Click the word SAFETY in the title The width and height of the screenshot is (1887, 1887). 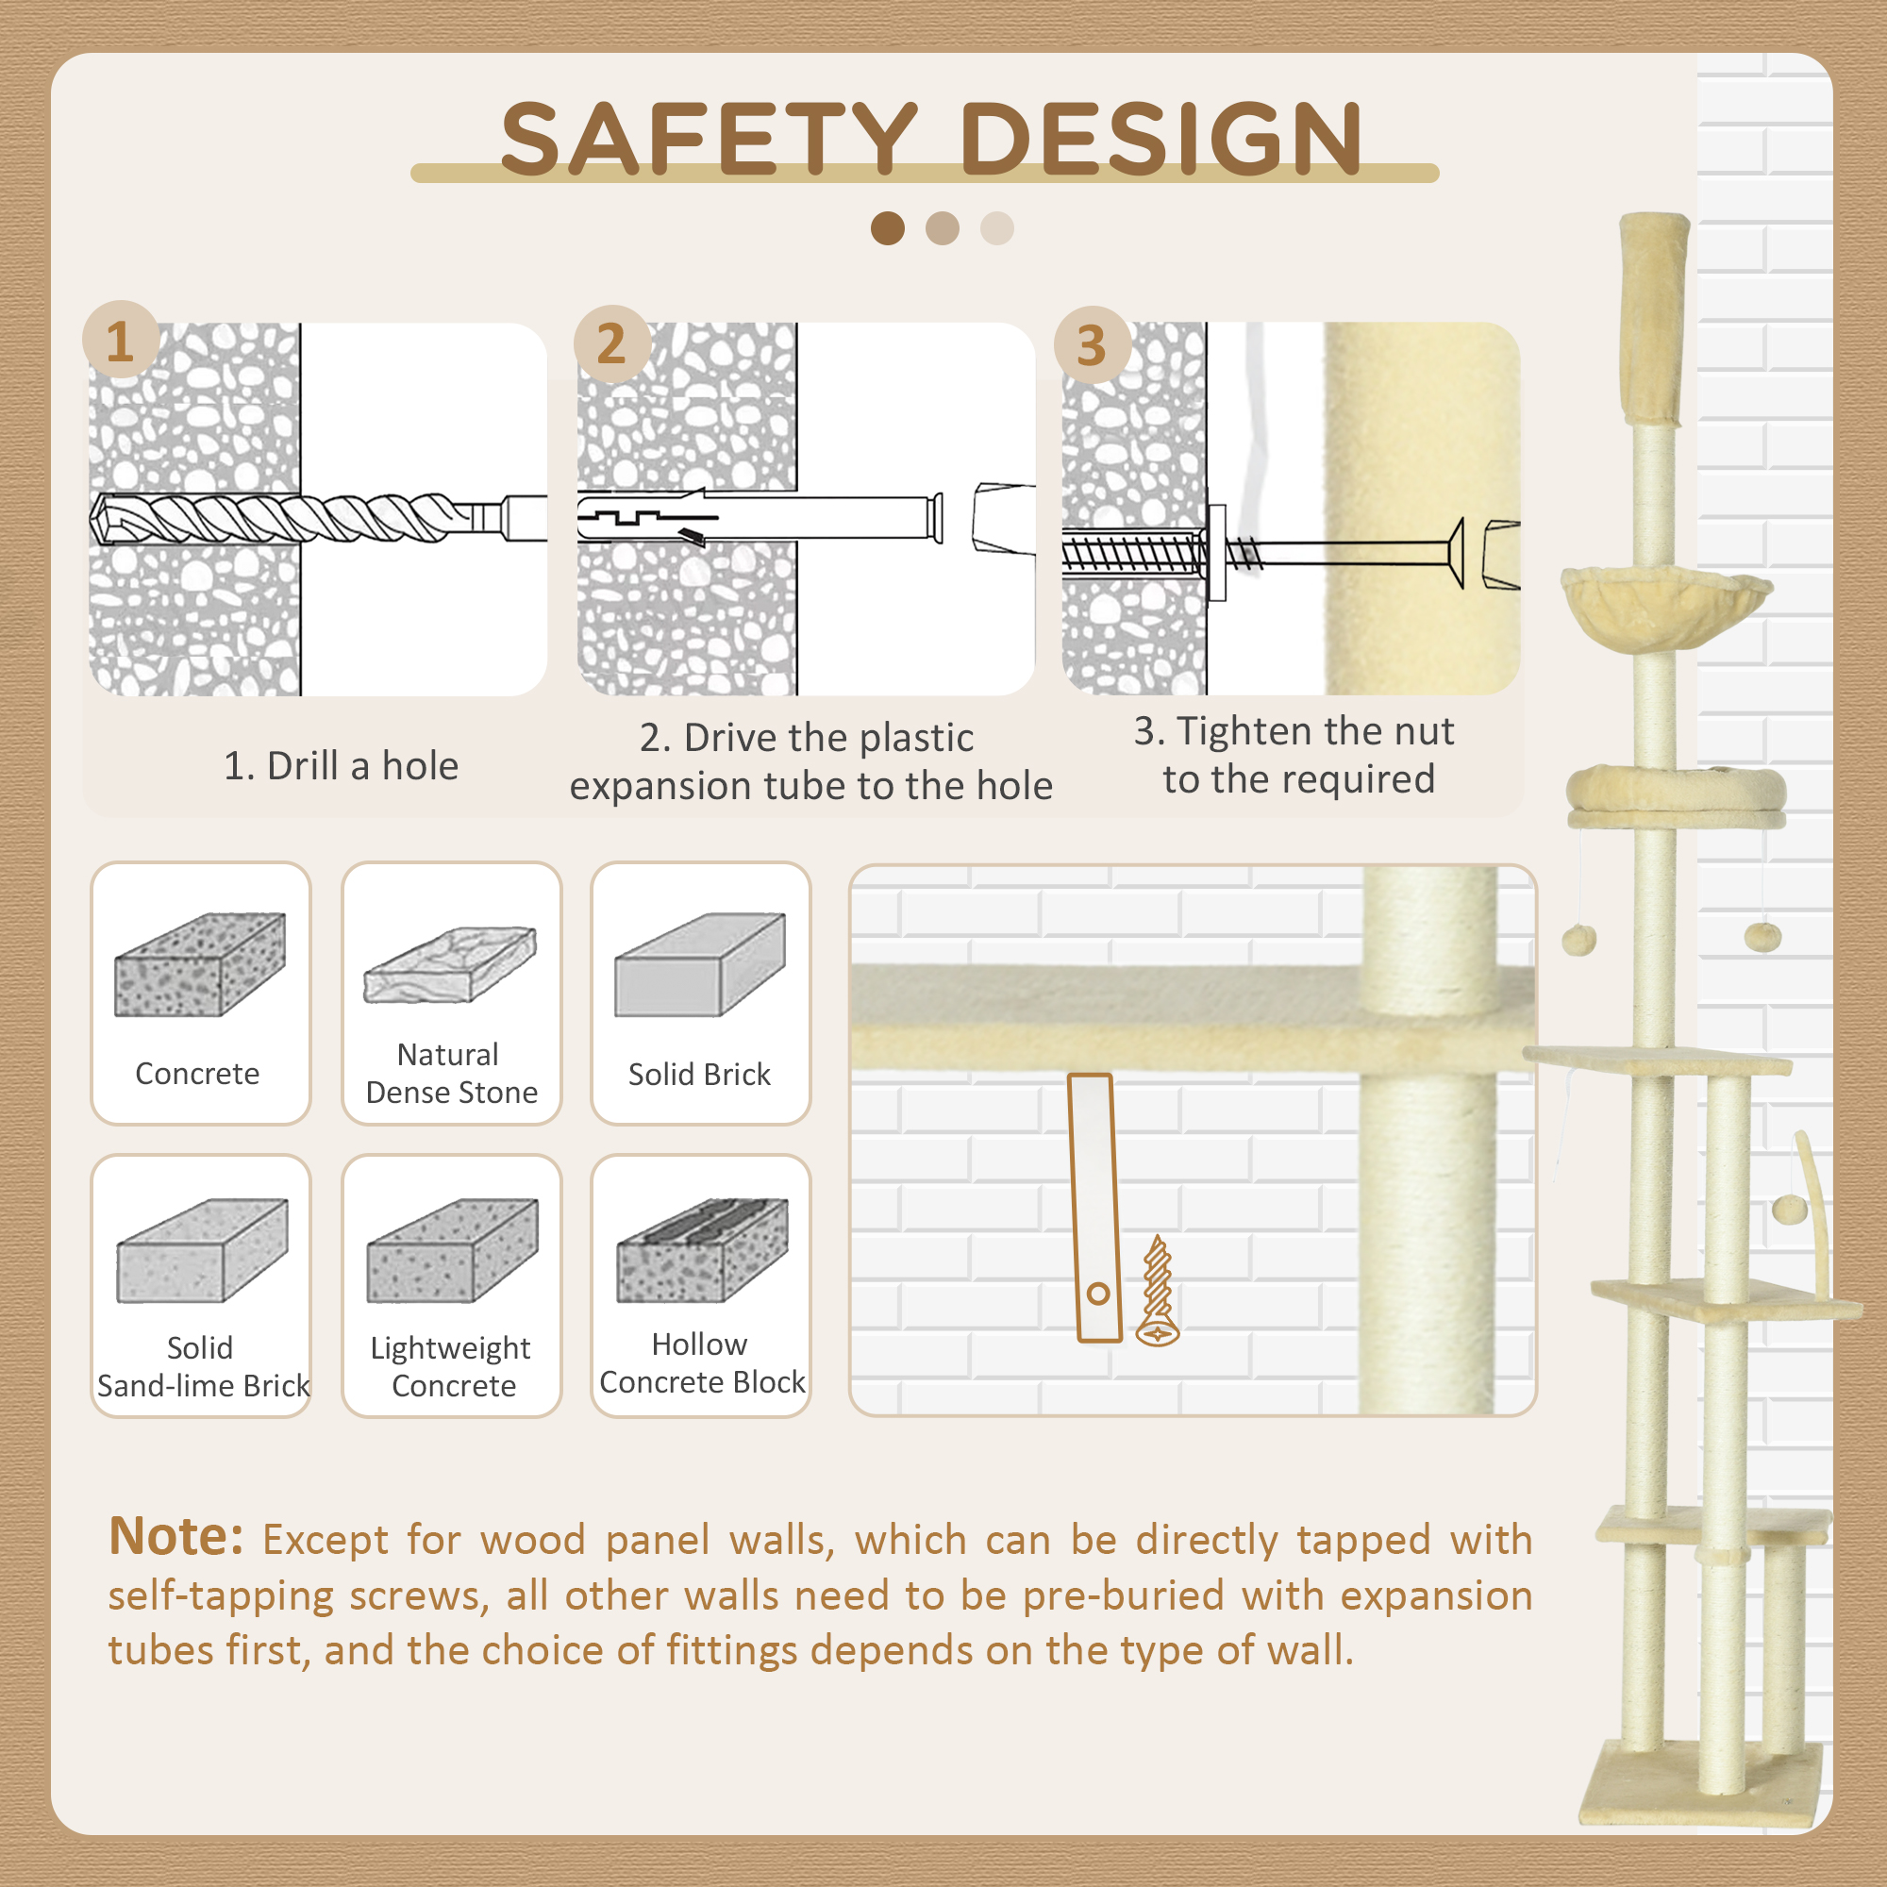coord(710,139)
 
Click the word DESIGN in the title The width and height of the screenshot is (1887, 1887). coord(1161,139)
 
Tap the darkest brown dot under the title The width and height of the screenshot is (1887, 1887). coord(888,228)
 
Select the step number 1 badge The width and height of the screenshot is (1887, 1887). coord(121,340)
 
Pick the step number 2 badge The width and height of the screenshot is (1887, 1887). coord(612,342)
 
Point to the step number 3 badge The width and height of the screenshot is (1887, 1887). coord(1092,344)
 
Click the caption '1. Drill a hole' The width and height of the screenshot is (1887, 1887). coord(341,767)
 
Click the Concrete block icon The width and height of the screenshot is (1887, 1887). coord(200,965)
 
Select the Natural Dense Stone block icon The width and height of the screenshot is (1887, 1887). coord(450,965)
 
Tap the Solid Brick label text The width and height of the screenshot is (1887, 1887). coord(699,1075)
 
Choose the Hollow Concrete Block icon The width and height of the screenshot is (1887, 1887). coord(702,1250)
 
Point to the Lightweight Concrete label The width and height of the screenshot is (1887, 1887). coord(451,1366)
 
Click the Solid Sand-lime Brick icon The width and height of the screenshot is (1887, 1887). coord(202,1250)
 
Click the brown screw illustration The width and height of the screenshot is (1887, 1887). coord(1158,1292)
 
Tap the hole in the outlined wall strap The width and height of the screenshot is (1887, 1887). coord(1098,1294)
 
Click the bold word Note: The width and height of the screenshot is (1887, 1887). coord(175,1536)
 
